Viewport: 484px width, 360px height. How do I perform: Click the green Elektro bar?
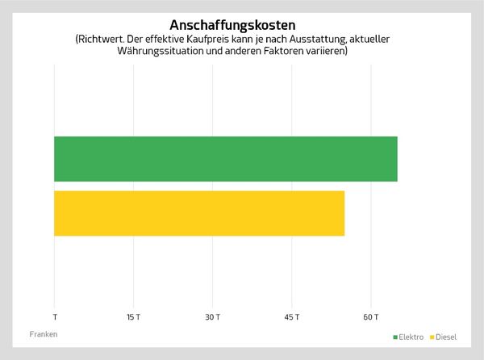(x=226, y=159)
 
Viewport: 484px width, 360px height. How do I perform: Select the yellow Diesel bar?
(x=199, y=213)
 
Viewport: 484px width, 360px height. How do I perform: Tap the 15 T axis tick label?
(x=133, y=316)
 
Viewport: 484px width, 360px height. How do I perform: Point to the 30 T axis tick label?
(x=212, y=316)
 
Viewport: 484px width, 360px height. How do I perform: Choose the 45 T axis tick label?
(x=292, y=316)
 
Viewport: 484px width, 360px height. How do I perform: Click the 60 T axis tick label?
(x=371, y=316)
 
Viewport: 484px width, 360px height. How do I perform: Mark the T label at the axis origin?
(x=55, y=316)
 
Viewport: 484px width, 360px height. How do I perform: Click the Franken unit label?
(x=44, y=333)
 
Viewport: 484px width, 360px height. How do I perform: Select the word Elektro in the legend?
(x=411, y=336)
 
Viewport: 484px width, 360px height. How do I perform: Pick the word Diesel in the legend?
(x=445, y=336)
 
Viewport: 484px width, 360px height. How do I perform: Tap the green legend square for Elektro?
(x=395, y=336)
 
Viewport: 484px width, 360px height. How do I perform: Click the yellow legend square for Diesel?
(x=432, y=336)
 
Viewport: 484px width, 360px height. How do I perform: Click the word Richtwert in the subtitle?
(x=100, y=39)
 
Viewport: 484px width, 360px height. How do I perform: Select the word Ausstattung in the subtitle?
(x=328, y=39)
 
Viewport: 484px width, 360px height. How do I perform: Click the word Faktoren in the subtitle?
(x=298, y=51)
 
